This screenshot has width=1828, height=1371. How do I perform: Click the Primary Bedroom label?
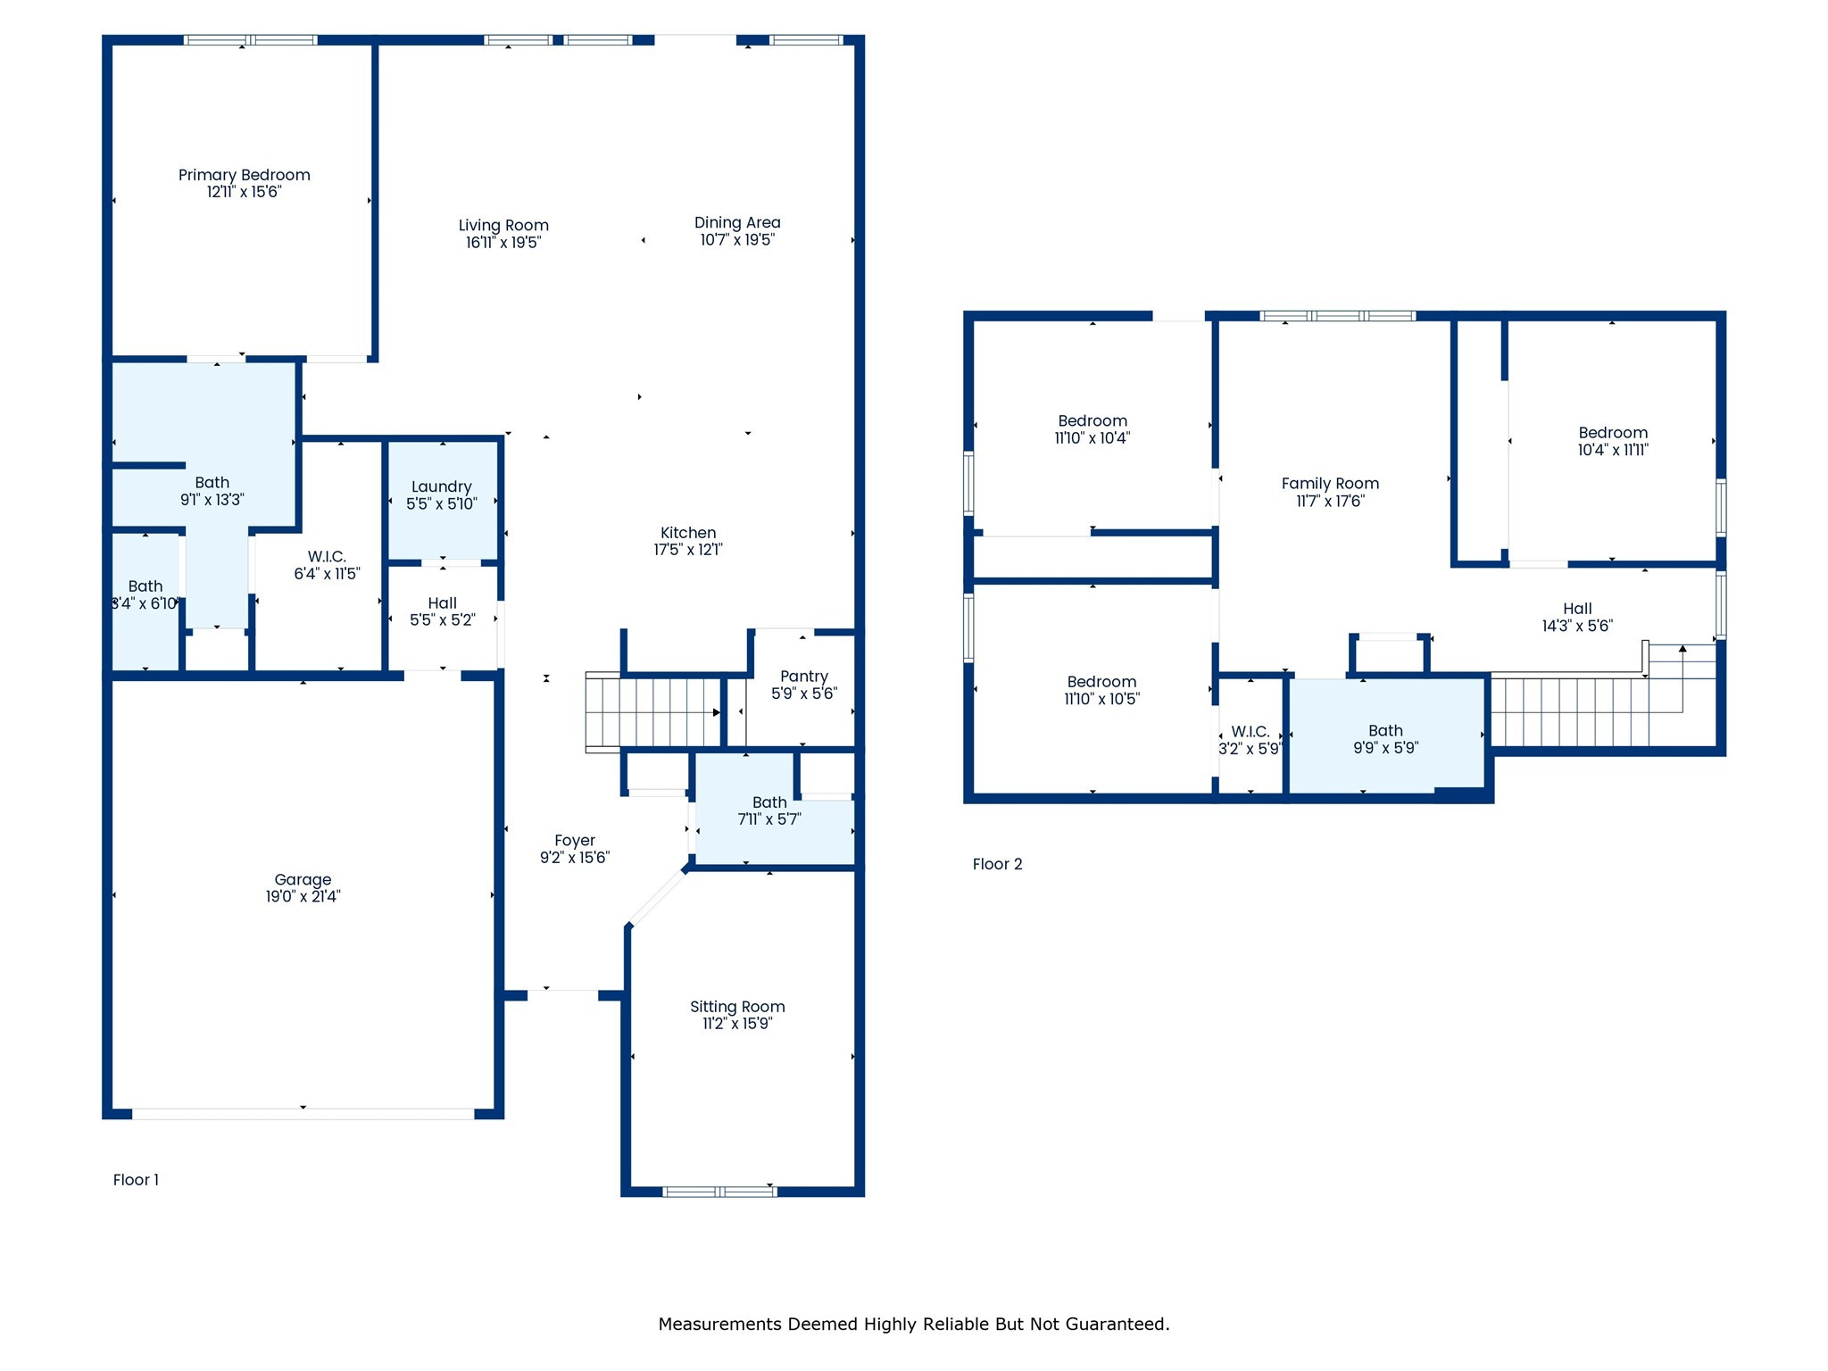click(x=244, y=175)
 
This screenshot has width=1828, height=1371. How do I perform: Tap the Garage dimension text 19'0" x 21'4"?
click(x=303, y=897)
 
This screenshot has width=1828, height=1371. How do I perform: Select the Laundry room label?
click(x=441, y=486)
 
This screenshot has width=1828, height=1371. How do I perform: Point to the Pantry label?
click(x=803, y=677)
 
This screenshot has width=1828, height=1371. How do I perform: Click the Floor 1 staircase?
click(x=654, y=711)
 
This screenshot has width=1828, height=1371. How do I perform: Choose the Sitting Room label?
click(x=737, y=1007)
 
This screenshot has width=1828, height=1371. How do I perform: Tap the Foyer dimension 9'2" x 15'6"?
click(x=574, y=858)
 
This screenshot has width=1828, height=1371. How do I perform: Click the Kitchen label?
click(x=687, y=533)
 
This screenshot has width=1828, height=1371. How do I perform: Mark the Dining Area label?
click(x=737, y=222)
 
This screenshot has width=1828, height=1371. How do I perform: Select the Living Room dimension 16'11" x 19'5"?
click(x=503, y=243)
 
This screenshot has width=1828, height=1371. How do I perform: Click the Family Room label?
click(x=1330, y=484)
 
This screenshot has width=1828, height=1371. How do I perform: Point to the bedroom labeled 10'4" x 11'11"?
click(x=1612, y=433)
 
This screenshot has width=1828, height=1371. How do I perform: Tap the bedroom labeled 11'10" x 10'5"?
click(x=1101, y=682)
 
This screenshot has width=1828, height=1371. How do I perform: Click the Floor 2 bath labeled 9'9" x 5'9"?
click(x=1385, y=731)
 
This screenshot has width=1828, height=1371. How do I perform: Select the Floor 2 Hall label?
click(x=1577, y=609)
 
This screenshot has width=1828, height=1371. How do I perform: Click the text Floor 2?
click(x=997, y=864)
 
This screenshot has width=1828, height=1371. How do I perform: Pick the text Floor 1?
click(x=136, y=1180)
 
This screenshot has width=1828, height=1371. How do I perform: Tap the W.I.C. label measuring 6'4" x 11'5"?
click(x=327, y=557)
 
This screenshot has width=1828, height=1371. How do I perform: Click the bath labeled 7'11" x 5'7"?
click(x=769, y=802)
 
